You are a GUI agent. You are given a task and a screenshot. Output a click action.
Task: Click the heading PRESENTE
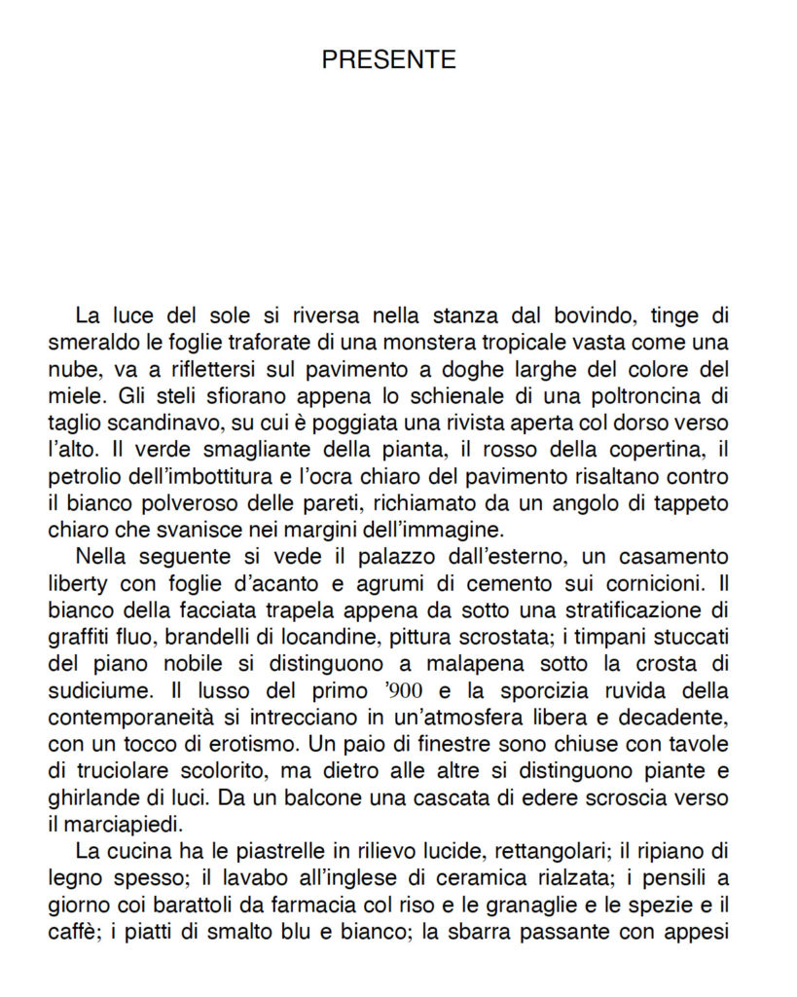(388, 59)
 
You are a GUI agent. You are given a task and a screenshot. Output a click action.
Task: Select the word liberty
(81, 585)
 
